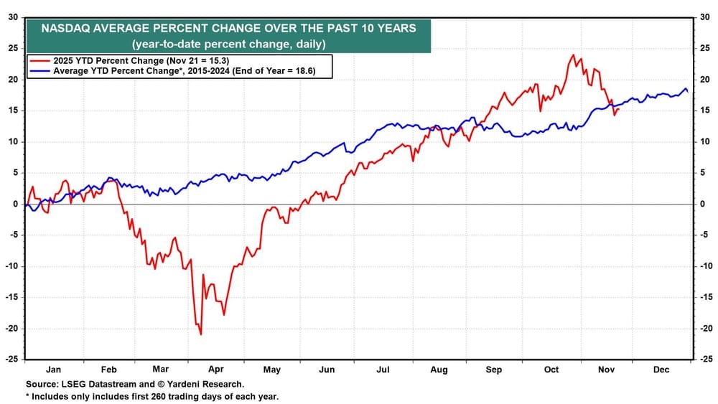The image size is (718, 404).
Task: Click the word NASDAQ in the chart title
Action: click(67, 29)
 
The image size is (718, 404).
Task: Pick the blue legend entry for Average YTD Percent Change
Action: click(172, 72)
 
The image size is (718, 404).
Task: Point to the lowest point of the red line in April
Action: click(201, 334)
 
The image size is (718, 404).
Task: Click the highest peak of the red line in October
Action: click(573, 55)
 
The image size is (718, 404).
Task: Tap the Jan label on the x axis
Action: click(54, 370)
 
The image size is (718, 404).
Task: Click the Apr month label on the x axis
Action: click(215, 370)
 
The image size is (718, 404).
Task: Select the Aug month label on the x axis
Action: click(439, 370)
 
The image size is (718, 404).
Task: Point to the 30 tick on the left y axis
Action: click(14, 17)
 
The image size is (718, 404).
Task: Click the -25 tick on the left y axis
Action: click(12, 359)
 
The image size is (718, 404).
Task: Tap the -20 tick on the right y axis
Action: click(706, 328)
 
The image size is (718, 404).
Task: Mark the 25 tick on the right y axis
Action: click(705, 48)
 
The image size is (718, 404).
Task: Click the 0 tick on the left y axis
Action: click(17, 204)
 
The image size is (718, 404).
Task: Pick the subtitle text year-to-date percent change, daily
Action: click(228, 44)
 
